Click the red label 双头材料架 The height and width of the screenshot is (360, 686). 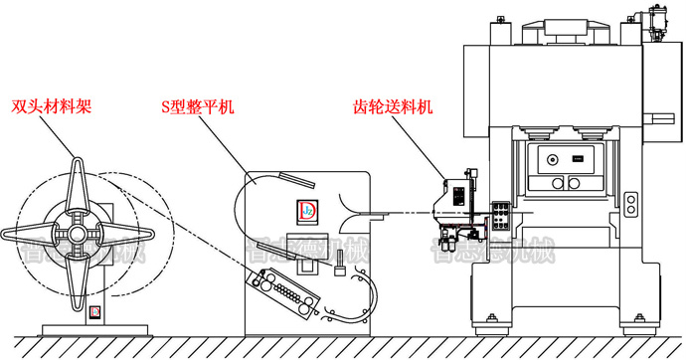[x=52, y=104]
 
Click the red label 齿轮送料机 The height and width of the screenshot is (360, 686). [x=395, y=104]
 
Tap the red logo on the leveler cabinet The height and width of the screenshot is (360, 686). [x=306, y=211]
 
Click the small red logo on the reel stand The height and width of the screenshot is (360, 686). [x=94, y=312]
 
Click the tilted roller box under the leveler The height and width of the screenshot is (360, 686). [x=287, y=289]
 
